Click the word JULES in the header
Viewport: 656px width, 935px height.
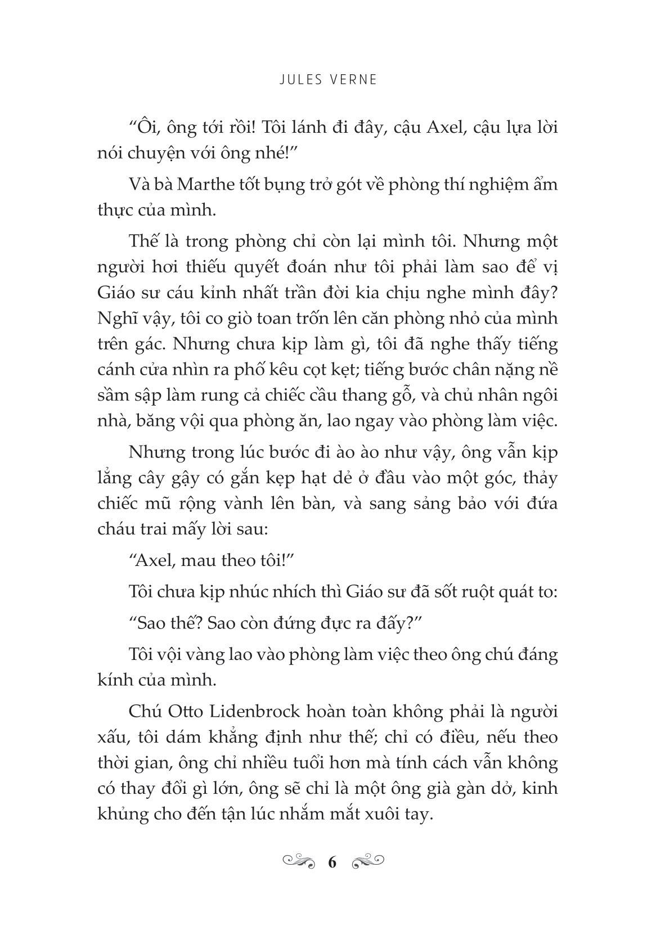(299, 80)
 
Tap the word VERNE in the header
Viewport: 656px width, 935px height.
(353, 80)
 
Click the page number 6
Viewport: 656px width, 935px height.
(331, 862)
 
